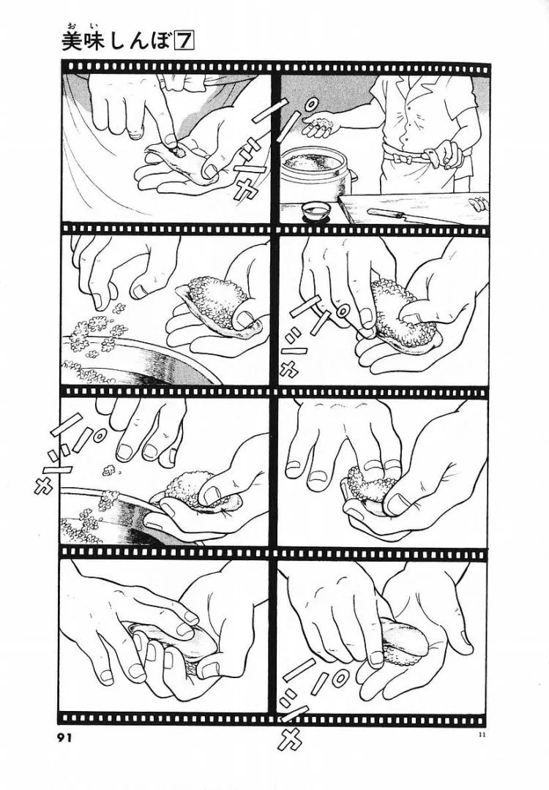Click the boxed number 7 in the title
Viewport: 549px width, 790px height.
click(x=184, y=42)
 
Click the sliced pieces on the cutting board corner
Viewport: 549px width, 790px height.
click(x=479, y=205)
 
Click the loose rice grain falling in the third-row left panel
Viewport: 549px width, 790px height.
click(x=108, y=470)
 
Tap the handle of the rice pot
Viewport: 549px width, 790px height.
click(x=355, y=176)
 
